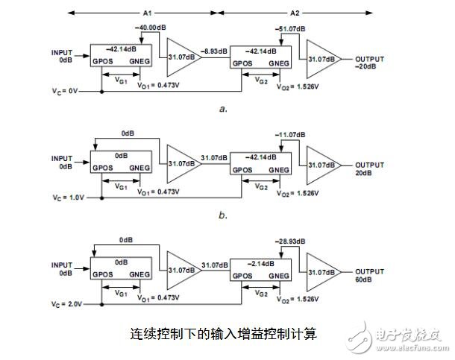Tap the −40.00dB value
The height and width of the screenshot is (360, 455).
pos(149,28)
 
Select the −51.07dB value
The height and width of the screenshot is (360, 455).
pos(289,28)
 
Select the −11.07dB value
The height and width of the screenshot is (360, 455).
pos(289,134)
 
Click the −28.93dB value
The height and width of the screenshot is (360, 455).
pos(289,241)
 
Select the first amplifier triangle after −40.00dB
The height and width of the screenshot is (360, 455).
pos(181,56)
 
